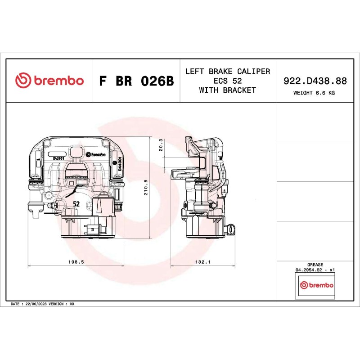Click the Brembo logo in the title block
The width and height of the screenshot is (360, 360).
point(49,81)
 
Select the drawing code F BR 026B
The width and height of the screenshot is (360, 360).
point(136,81)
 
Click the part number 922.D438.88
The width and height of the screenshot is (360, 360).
point(315,81)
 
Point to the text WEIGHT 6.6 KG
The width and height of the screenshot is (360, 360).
point(314,93)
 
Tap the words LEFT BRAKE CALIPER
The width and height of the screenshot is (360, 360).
point(228,72)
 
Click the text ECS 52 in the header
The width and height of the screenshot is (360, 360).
point(228,81)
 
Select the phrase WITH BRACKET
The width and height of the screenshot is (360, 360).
point(228,90)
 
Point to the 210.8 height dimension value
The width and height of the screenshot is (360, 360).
point(145,188)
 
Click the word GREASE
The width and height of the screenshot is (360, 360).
point(315,265)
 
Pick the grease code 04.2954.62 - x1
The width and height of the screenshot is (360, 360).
point(315,270)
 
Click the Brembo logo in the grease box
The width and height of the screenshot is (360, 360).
point(317,285)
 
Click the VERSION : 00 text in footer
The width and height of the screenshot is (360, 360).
point(64,304)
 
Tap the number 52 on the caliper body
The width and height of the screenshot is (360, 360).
point(76,204)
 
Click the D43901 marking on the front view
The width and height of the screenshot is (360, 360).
point(58,158)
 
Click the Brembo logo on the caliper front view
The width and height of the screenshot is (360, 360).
point(95,154)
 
